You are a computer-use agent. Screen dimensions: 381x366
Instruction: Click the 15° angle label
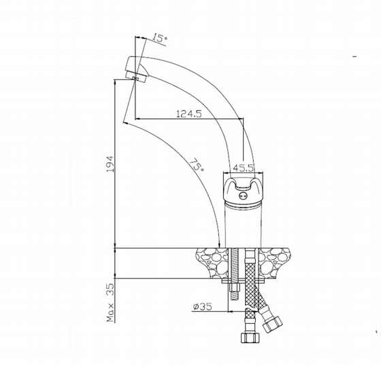(x=160, y=39)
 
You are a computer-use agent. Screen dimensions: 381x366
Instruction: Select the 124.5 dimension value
(x=189, y=113)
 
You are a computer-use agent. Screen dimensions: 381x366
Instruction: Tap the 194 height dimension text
(x=110, y=164)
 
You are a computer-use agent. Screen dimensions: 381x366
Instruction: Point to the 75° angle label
(x=197, y=164)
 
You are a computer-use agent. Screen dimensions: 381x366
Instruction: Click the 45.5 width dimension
(x=244, y=168)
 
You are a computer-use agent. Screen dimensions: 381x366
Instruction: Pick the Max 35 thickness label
(x=110, y=303)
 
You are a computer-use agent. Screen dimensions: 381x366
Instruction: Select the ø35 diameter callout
(x=203, y=306)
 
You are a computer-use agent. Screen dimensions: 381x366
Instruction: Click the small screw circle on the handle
(x=242, y=196)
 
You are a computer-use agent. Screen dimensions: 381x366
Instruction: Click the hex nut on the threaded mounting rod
(x=234, y=288)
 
